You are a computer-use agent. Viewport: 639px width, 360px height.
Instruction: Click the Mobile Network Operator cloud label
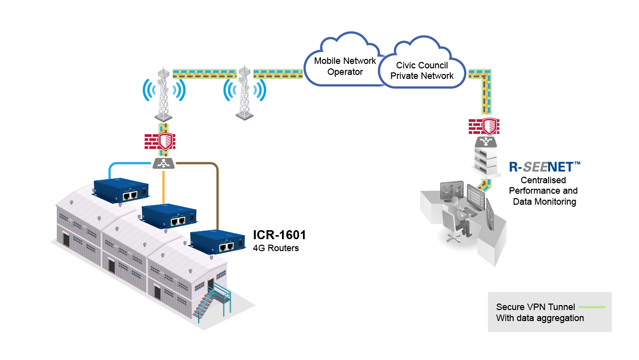coord(345,66)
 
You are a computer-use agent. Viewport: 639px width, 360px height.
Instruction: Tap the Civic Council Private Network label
coord(422,70)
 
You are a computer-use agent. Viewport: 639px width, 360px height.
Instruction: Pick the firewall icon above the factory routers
coord(160,141)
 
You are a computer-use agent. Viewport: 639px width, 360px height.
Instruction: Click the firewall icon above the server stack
coord(484,126)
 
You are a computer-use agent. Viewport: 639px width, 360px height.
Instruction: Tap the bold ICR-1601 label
coord(279,235)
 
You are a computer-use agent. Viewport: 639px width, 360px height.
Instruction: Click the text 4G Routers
coord(276,248)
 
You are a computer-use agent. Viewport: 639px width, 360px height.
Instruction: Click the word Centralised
coord(543,180)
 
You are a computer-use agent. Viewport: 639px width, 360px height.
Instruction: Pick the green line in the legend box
coord(593,307)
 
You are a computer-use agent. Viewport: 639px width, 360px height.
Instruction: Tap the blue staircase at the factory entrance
coord(210,305)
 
